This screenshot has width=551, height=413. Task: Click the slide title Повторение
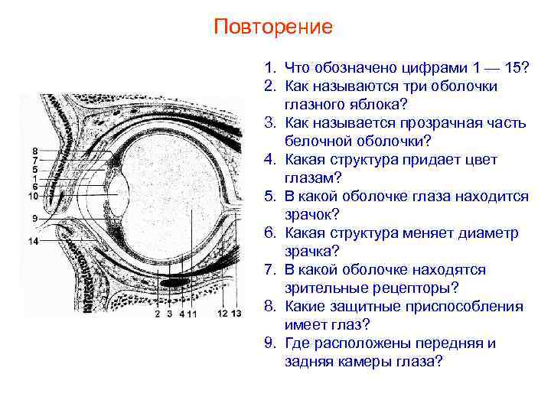point(273,28)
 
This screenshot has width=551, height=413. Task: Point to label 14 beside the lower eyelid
point(32,242)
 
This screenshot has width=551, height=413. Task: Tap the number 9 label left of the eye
point(34,219)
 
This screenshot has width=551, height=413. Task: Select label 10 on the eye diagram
point(32,196)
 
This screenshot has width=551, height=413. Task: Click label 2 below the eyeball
point(157,314)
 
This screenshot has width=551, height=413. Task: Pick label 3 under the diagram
point(169,314)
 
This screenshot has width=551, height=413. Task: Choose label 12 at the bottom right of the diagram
point(222,314)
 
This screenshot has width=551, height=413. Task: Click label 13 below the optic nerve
point(236,314)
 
